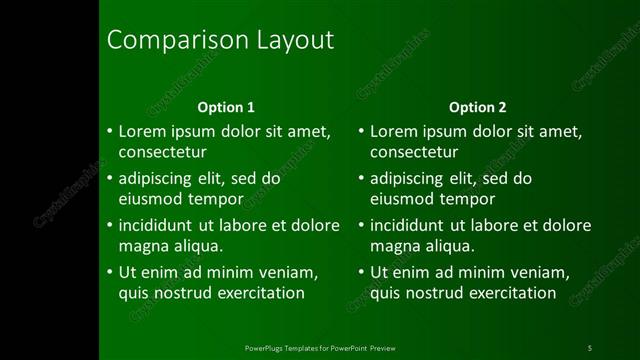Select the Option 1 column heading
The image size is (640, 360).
(x=226, y=107)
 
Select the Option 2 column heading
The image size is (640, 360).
(x=477, y=107)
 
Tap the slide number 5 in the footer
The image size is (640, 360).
(x=590, y=348)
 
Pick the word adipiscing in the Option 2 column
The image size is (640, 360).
(x=408, y=179)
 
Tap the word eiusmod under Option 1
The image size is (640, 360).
(x=151, y=198)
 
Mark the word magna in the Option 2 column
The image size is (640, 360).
(x=393, y=245)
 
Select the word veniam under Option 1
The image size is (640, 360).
(x=289, y=273)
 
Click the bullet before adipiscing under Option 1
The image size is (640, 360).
(x=110, y=179)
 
